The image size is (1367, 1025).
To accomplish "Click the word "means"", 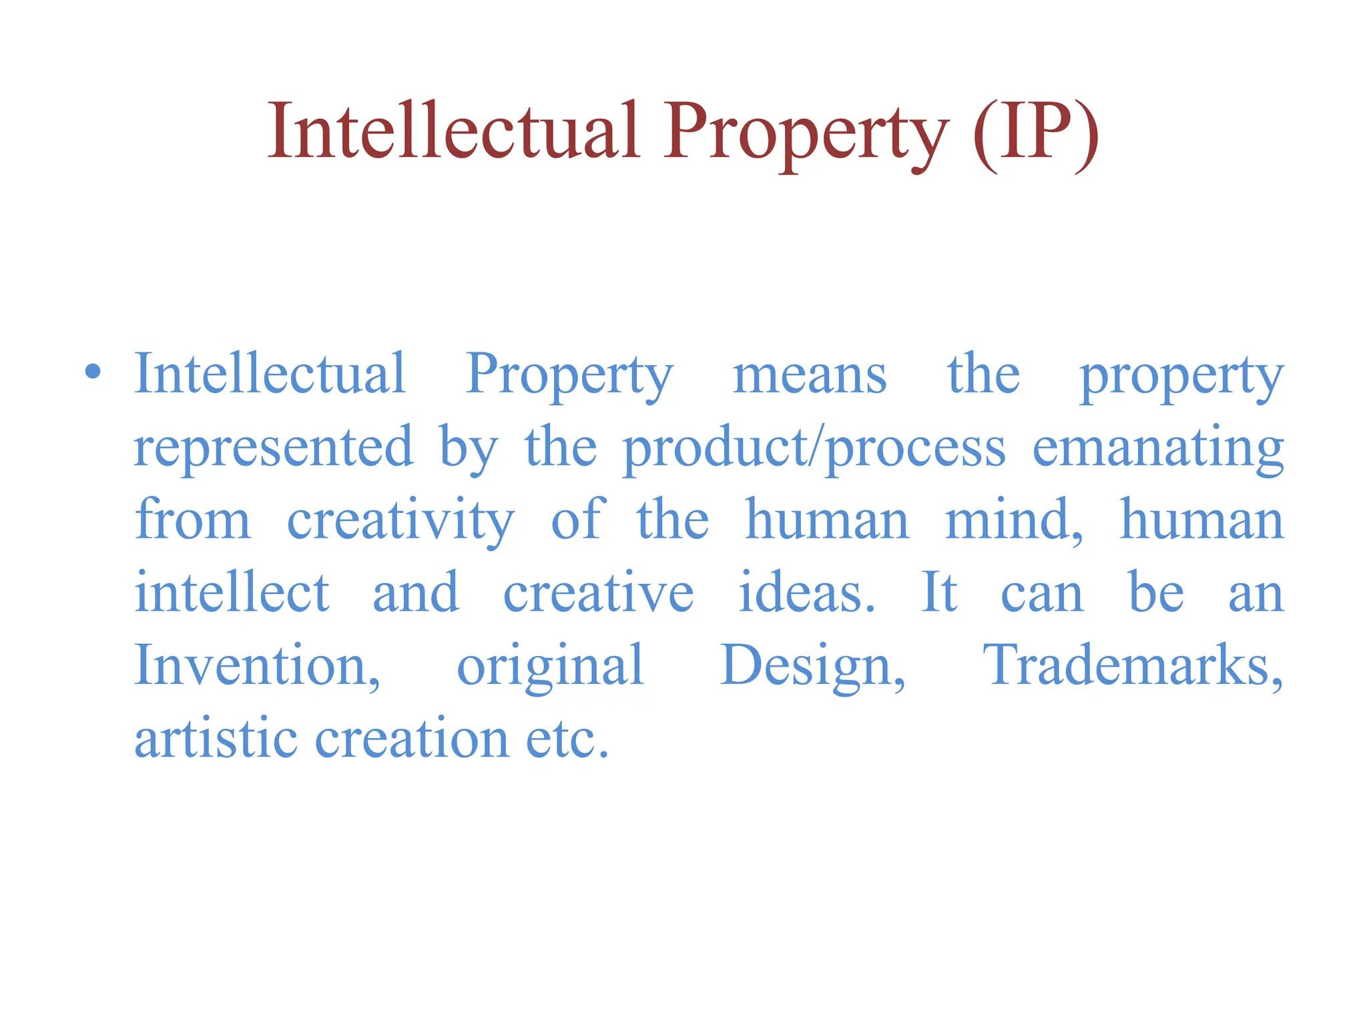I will (x=810, y=375).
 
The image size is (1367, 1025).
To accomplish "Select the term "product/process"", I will (x=814, y=448).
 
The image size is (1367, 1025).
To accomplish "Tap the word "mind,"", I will (x=1014, y=521).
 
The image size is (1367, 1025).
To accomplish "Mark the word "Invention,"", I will (x=258, y=665).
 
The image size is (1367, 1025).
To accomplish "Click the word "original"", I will (x=550, y=667).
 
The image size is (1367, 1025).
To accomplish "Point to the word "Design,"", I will (x=813, y=667).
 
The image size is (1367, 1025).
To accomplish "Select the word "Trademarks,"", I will (x=1133, y=665).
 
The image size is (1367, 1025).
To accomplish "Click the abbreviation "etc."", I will (x=567, y=739).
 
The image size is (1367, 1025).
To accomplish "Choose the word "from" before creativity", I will (x=193, y=521).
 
